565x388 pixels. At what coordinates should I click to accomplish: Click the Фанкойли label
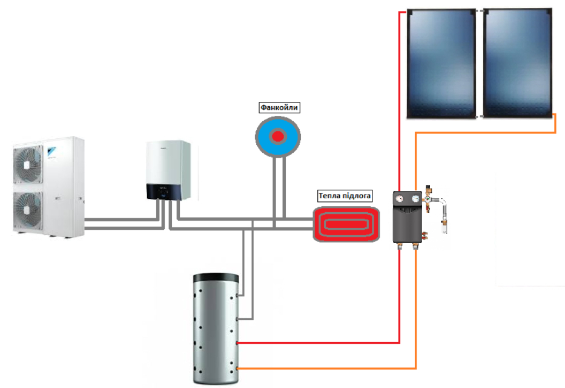pos(279,107)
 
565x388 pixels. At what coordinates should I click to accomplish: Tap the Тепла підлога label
pos(345,196)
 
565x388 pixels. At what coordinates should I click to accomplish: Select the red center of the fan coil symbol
pos(277,136)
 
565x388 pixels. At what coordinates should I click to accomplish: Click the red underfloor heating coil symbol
pos(346,224)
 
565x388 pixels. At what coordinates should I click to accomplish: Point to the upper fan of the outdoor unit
pos(28,164)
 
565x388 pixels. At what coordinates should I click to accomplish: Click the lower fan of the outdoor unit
pos(28,210)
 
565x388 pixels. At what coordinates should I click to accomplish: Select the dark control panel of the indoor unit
pos(164,192)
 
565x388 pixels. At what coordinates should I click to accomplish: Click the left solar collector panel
pos(441,64)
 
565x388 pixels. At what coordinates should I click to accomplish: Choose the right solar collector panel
pos(517,64)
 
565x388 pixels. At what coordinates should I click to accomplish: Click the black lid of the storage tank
pos(216,278)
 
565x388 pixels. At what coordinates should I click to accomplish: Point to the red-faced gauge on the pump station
pos(400,198)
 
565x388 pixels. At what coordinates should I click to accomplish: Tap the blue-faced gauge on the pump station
pos(415,198)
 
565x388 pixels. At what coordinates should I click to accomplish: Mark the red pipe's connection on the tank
pos(237,343)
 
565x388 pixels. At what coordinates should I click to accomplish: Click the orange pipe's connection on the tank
pos(237,368)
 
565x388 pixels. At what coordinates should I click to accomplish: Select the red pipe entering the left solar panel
pos(400,98)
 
